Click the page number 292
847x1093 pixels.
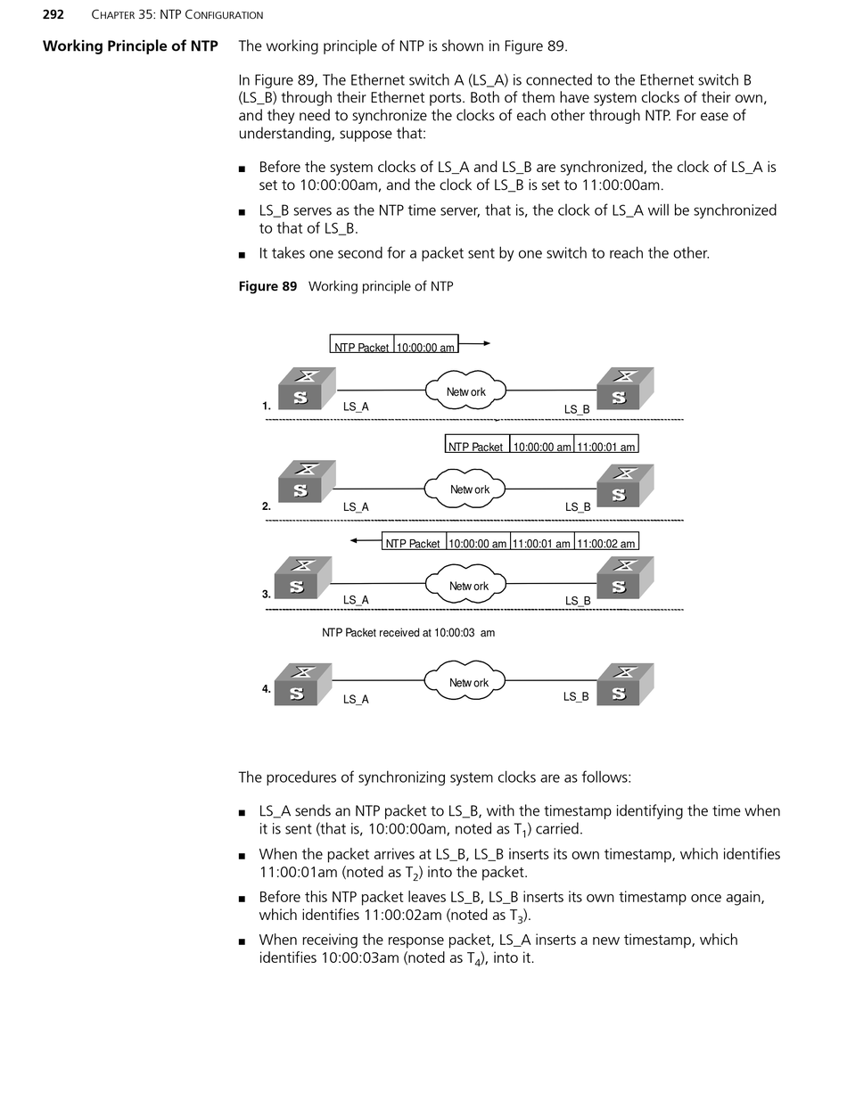[53, 14]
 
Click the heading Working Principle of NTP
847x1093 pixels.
[130, 46]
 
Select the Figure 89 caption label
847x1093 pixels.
[267, 286]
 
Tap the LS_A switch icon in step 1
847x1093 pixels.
[306, 389]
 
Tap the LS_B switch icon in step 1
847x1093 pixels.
[624, 389]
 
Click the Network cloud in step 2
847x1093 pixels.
[465, 489]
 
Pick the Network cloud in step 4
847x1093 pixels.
[465, 683]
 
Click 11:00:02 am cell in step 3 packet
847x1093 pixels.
[606, 542]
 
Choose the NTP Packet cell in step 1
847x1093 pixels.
[362, 346]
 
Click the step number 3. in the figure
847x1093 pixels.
[266, 595]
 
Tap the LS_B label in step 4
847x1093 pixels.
[576, 696]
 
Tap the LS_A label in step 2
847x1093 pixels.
[356, 507]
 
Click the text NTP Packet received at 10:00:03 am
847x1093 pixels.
[408, 633]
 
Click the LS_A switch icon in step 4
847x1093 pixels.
[302, 685]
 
